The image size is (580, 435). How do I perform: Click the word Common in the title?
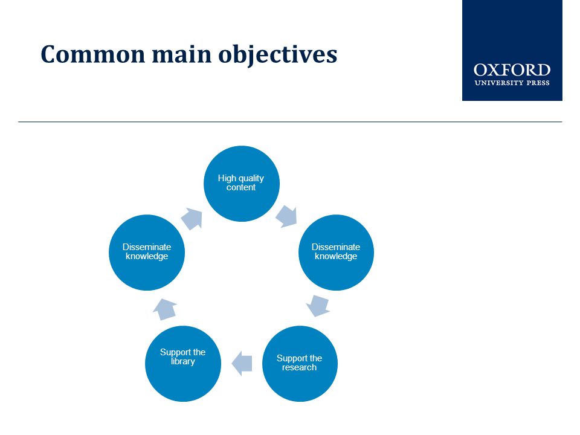(x=92, y=54)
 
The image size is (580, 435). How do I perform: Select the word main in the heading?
(x=181, y=54)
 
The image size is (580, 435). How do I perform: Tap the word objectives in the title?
(x=277, y=56)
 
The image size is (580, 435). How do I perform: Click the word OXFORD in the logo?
(x=512, y=70)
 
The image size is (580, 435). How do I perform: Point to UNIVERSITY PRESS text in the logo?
(x=512, y=83)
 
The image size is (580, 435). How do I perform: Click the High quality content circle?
(x=242, y=184)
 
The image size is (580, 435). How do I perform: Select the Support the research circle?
(x=300, y=364)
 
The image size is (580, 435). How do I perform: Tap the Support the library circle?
(x=183, y=364)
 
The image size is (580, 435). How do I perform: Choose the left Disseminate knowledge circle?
(x=147, y=253)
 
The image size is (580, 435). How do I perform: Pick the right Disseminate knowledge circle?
(x=337, y=253)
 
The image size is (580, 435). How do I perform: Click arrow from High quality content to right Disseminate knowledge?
(x=287, y=217)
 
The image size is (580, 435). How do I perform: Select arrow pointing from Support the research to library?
(x=242, y=364)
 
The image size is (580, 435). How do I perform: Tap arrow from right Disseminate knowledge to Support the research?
(x=318, y=306)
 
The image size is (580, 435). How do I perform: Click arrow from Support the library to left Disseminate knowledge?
(x=164, y=309)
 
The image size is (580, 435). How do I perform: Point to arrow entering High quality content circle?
(x=192, y=218)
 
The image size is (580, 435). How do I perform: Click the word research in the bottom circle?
(x=299, y=367)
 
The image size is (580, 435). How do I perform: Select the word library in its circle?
(x=182, y=361)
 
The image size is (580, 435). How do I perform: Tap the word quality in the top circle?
(x=251, y=179)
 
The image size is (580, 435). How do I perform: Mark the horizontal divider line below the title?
(x=290, y=121)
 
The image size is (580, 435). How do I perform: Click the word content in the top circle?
(x=241, y=187)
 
